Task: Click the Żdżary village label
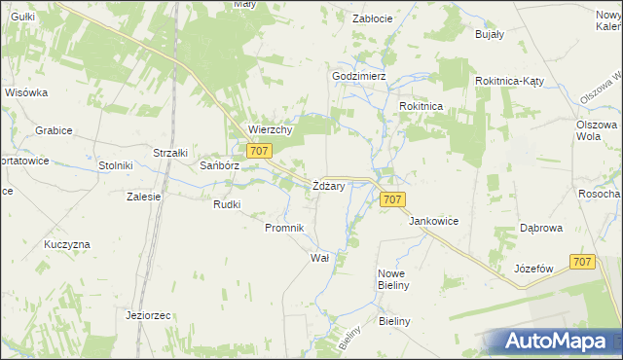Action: [x=327, y=186]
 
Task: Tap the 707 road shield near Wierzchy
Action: [x=258, y=150]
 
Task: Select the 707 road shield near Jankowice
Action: [x=391, y=199]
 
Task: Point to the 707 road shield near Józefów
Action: [x=582, y=262]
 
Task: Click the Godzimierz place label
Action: [x=359, y=76]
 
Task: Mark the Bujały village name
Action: [x=488, y=34]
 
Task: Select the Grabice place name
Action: [x=54, y=129]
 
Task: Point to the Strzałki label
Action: [x=169, y=153]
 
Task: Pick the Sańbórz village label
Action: [x=219, y=166]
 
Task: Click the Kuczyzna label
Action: [x=66, y=244]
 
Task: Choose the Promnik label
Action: [x=285, y=228]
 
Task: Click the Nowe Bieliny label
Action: [x=396, y=280]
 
